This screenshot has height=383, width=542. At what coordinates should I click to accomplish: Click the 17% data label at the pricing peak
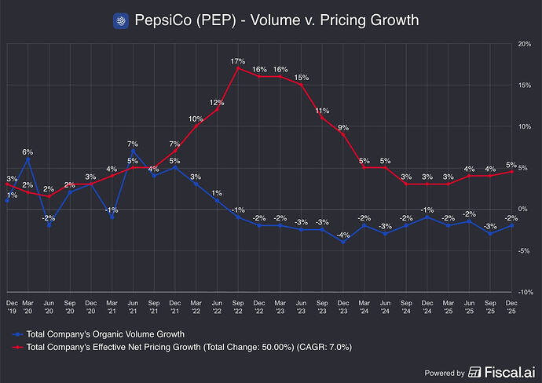click(x=238, y=60)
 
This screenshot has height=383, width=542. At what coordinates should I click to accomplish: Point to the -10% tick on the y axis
click(x=525, y=292)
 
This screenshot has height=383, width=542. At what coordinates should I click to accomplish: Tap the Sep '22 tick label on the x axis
click(x=238, y=305)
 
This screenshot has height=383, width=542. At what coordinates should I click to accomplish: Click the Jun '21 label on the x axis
click(x=133, y=305)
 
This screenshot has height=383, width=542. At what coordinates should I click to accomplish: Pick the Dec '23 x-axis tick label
click(x=343, y=305)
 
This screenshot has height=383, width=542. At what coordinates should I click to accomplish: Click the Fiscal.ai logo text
click(x=501, y=372)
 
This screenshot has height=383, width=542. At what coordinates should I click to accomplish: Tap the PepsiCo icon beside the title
click(x=120, y=20)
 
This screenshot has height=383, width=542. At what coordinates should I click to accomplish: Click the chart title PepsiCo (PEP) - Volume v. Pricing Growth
click(x=276, y=20)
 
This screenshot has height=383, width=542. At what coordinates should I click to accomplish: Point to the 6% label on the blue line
click(x=27, y=151)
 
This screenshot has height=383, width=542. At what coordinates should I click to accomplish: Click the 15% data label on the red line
click(x=301, y=77)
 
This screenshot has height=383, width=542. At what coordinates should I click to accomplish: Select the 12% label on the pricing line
click(x=217, y=102)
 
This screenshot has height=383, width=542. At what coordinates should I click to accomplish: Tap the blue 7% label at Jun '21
click(x=133, y=144)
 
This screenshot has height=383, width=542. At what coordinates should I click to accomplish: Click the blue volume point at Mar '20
click(x=27, y=159)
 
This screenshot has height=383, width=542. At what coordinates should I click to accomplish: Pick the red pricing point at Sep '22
click(x=238, y=68)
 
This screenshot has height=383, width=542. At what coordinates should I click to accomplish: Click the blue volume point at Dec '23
click(x=343, y=242)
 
